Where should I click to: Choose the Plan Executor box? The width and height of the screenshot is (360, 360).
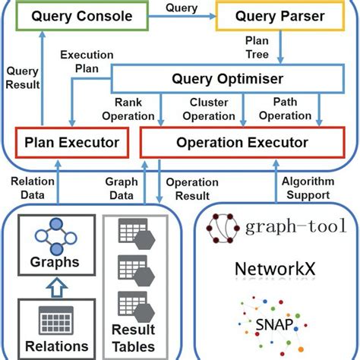tap(71, 142)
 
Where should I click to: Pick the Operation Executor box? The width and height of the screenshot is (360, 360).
tap(242, 142)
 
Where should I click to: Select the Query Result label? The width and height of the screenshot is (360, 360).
tap(22, 75)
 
